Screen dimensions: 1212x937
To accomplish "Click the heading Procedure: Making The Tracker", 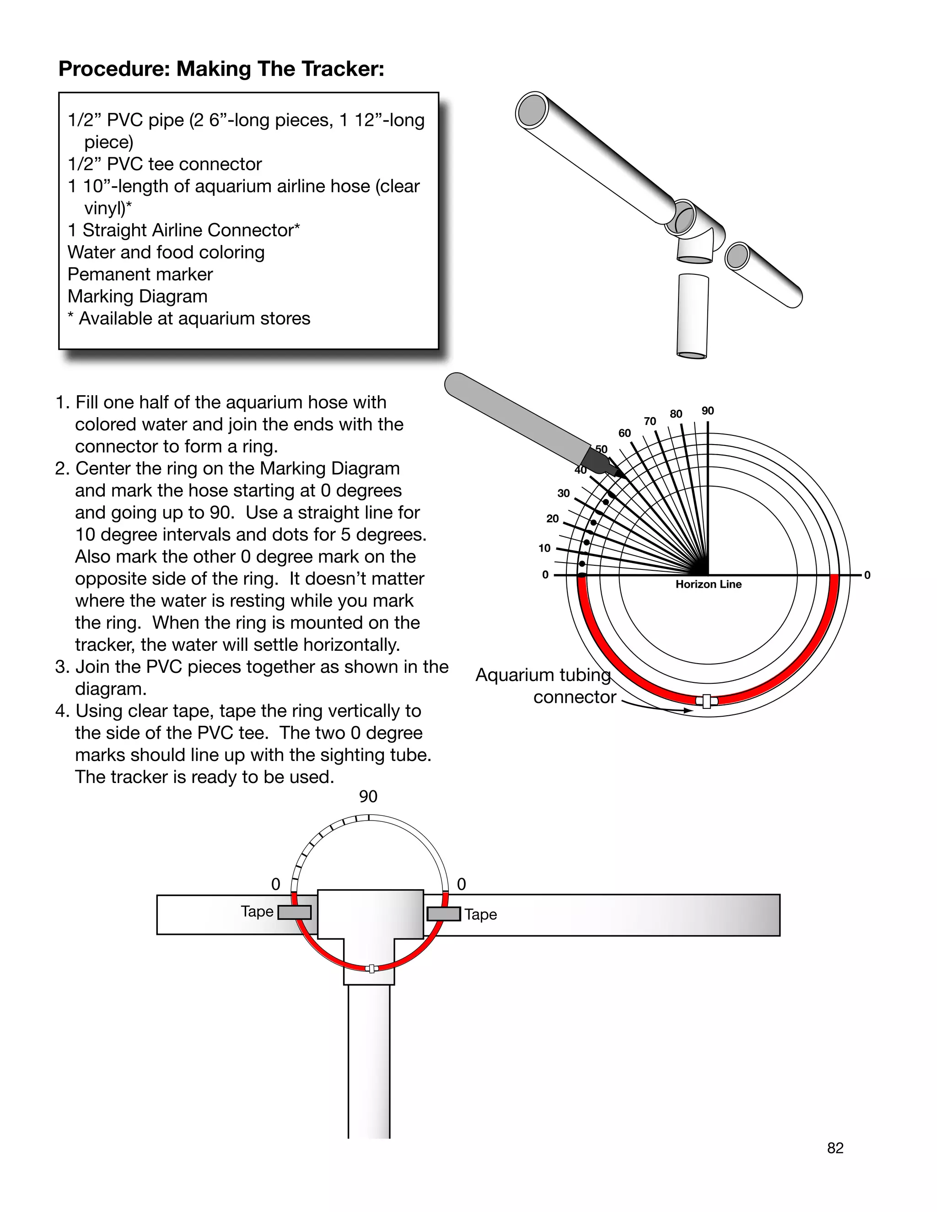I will pyautogui.click(x=221, y=70).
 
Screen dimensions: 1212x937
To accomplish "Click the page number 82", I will pyautogui.click(x=835, y=1148).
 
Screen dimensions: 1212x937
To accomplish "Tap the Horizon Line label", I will pyautogui.click(x=708, y=585).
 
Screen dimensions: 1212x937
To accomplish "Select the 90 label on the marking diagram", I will pyautogui.click(x=708, y=411).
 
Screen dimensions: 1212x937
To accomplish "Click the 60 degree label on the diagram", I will pyautogui.click(x=625, y=434).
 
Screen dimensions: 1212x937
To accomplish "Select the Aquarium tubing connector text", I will pyautogui.click(x=546, y=686).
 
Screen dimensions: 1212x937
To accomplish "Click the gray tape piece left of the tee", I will pyautogui.click(x=294, y=912).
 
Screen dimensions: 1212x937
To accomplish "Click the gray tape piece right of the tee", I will pyautogui.click(x=443, y=913).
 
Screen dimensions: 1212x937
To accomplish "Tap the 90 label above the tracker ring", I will pyautogui.click(x=368, y=797).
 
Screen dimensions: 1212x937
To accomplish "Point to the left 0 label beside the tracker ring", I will pyautogui.click(x=275, y=885).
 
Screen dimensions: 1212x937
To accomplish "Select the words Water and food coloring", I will pyautogui.click(x=166, y=252).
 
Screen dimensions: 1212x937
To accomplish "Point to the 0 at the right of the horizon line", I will pyautogui.click(x=867, y=575).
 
